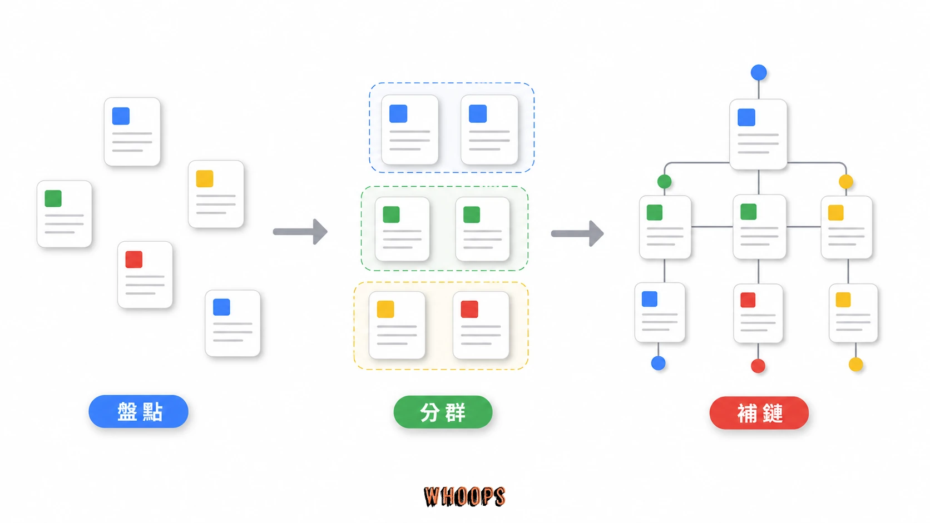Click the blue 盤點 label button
138,411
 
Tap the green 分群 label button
443,412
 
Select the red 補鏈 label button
759,413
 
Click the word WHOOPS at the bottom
464,496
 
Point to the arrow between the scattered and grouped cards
300,231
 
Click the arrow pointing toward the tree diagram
577,233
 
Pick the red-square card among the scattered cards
145,275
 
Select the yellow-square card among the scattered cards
216,194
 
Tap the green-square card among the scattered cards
65,214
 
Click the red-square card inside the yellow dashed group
481,325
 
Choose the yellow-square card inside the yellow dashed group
397,325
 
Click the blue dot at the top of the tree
759,73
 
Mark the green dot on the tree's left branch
664,181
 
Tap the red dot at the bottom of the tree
758,366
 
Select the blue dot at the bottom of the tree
658,363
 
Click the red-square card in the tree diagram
759,313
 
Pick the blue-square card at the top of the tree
758,135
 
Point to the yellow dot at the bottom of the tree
855,365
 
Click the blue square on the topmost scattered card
121,116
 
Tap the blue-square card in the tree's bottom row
660,313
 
